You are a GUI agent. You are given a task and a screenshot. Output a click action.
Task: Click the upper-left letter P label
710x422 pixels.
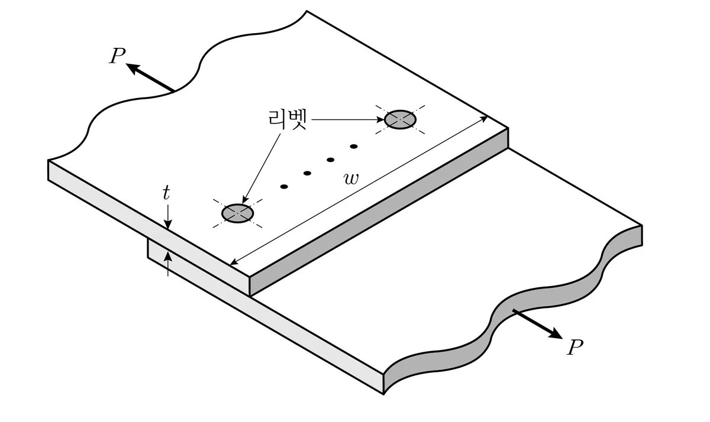point(117,56)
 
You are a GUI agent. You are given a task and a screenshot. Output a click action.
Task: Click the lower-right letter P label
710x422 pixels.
point(575,348)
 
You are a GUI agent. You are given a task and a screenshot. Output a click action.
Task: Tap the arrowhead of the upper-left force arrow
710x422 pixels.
point(133,69)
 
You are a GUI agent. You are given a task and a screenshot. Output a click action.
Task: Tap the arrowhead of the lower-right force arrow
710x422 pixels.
point(556,333)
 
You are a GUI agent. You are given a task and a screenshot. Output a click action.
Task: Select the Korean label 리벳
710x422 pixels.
point(288,119)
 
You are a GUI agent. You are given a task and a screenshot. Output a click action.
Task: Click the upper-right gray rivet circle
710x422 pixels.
point(400,119)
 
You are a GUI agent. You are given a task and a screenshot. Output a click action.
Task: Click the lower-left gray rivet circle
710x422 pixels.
point(237,213)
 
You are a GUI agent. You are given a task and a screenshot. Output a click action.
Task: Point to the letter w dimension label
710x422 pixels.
point(351,179)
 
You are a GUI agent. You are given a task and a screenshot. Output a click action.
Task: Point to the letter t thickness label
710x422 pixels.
point(166,193)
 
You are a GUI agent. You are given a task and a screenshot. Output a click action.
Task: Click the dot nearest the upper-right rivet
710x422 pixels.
point(354,146)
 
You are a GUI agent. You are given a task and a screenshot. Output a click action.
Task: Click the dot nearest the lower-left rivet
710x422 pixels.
point(284,186)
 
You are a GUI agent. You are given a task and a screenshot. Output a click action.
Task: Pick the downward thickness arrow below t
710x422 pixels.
point(168,217)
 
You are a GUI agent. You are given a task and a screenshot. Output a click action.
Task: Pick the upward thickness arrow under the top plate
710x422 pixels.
point(168,264)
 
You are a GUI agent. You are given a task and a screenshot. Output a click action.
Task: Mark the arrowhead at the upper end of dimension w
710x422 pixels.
point(484,119)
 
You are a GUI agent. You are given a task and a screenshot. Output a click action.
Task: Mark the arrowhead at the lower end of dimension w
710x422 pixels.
point(234,262)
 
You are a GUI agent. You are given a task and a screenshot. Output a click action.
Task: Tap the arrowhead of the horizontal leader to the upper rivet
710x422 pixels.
point(380,119)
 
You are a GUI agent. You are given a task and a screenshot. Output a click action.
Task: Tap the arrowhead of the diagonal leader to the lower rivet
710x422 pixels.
point(244,199)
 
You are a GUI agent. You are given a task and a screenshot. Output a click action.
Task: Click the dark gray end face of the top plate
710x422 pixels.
point(379,212)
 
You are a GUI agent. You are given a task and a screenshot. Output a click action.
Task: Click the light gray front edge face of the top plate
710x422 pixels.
point(149,228)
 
